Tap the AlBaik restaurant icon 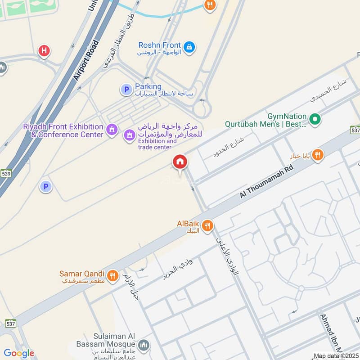tap(207, 225)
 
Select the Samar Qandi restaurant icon tap(112, 274)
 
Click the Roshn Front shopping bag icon tap(189, 46)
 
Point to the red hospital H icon tap(44, 50)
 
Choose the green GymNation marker tap(315, 119)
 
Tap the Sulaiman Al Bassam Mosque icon tap(144, 345)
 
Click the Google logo tap(19, 353)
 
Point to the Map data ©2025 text tap(335, 356)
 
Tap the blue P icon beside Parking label tap(126, 90)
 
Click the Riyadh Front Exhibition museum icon tap(111, 131)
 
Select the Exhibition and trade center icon tap(130, 135)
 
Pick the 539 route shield tap(6, 173)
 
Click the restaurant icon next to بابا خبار tap(318, 155)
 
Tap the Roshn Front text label tap(160, 45)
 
